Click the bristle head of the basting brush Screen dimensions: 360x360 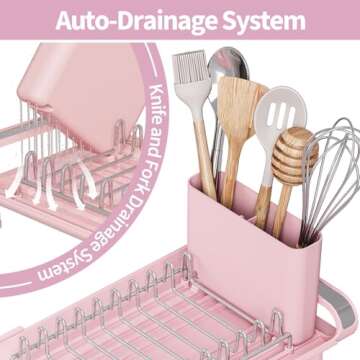[x=189, y=76]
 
